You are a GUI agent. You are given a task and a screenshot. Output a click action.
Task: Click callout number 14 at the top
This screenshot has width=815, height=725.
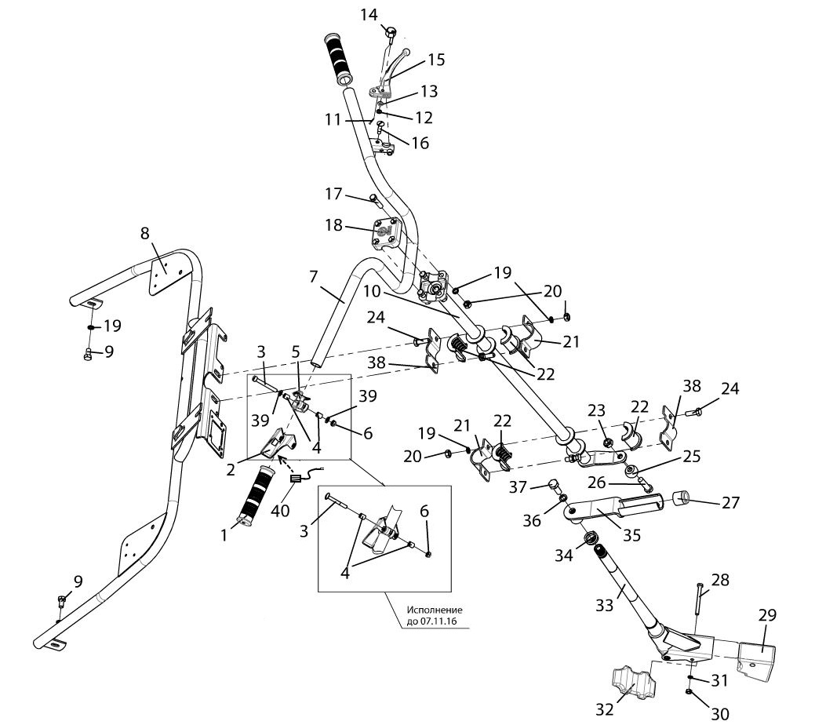369,14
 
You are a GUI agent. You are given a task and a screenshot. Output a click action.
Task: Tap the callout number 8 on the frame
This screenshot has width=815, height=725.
144,233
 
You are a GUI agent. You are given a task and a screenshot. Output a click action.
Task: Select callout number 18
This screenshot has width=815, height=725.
334,225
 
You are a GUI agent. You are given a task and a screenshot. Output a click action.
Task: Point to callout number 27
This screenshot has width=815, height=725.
730,503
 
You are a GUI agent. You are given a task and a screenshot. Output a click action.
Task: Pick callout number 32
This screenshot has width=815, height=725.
604,709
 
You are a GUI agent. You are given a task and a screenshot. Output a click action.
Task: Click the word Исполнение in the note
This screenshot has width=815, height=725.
434,610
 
